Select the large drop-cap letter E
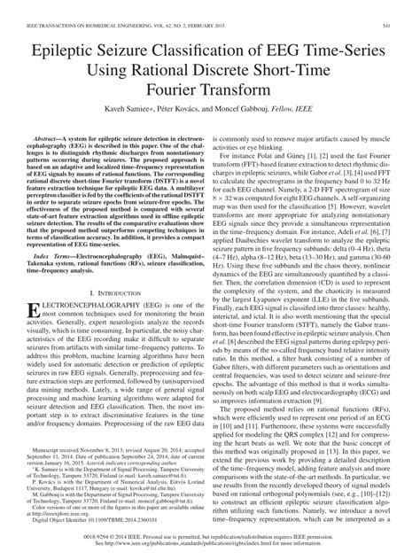point(36,314)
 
